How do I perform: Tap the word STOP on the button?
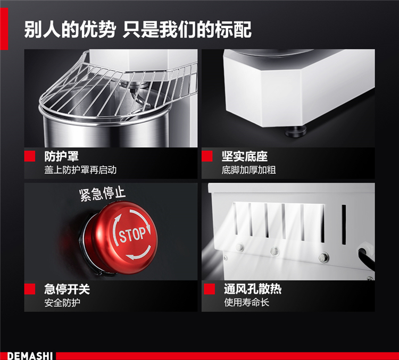click(133, 235)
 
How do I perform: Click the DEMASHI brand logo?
click(30, 356)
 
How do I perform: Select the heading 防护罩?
click(61, 156)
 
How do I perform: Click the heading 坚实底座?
click(245, 156)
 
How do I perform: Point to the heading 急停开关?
click(67, 289)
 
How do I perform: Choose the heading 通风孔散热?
click(253, 289)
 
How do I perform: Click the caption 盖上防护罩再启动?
click(80, 170)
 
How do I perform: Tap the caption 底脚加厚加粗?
click(248, 170)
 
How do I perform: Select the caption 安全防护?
click(62, 303)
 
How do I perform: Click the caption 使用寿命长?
click(246, 303)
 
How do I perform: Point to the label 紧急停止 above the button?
click(102, 194)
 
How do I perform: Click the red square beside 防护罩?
click(30, 156)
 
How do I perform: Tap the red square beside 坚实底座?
click(207, 156)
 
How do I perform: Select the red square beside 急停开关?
click(30, 289)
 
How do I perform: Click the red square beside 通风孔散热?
click(210, 289)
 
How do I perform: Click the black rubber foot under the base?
click(296, 131)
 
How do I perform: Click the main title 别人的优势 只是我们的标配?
click(138, 30)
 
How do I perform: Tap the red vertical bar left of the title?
click(4, 29)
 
